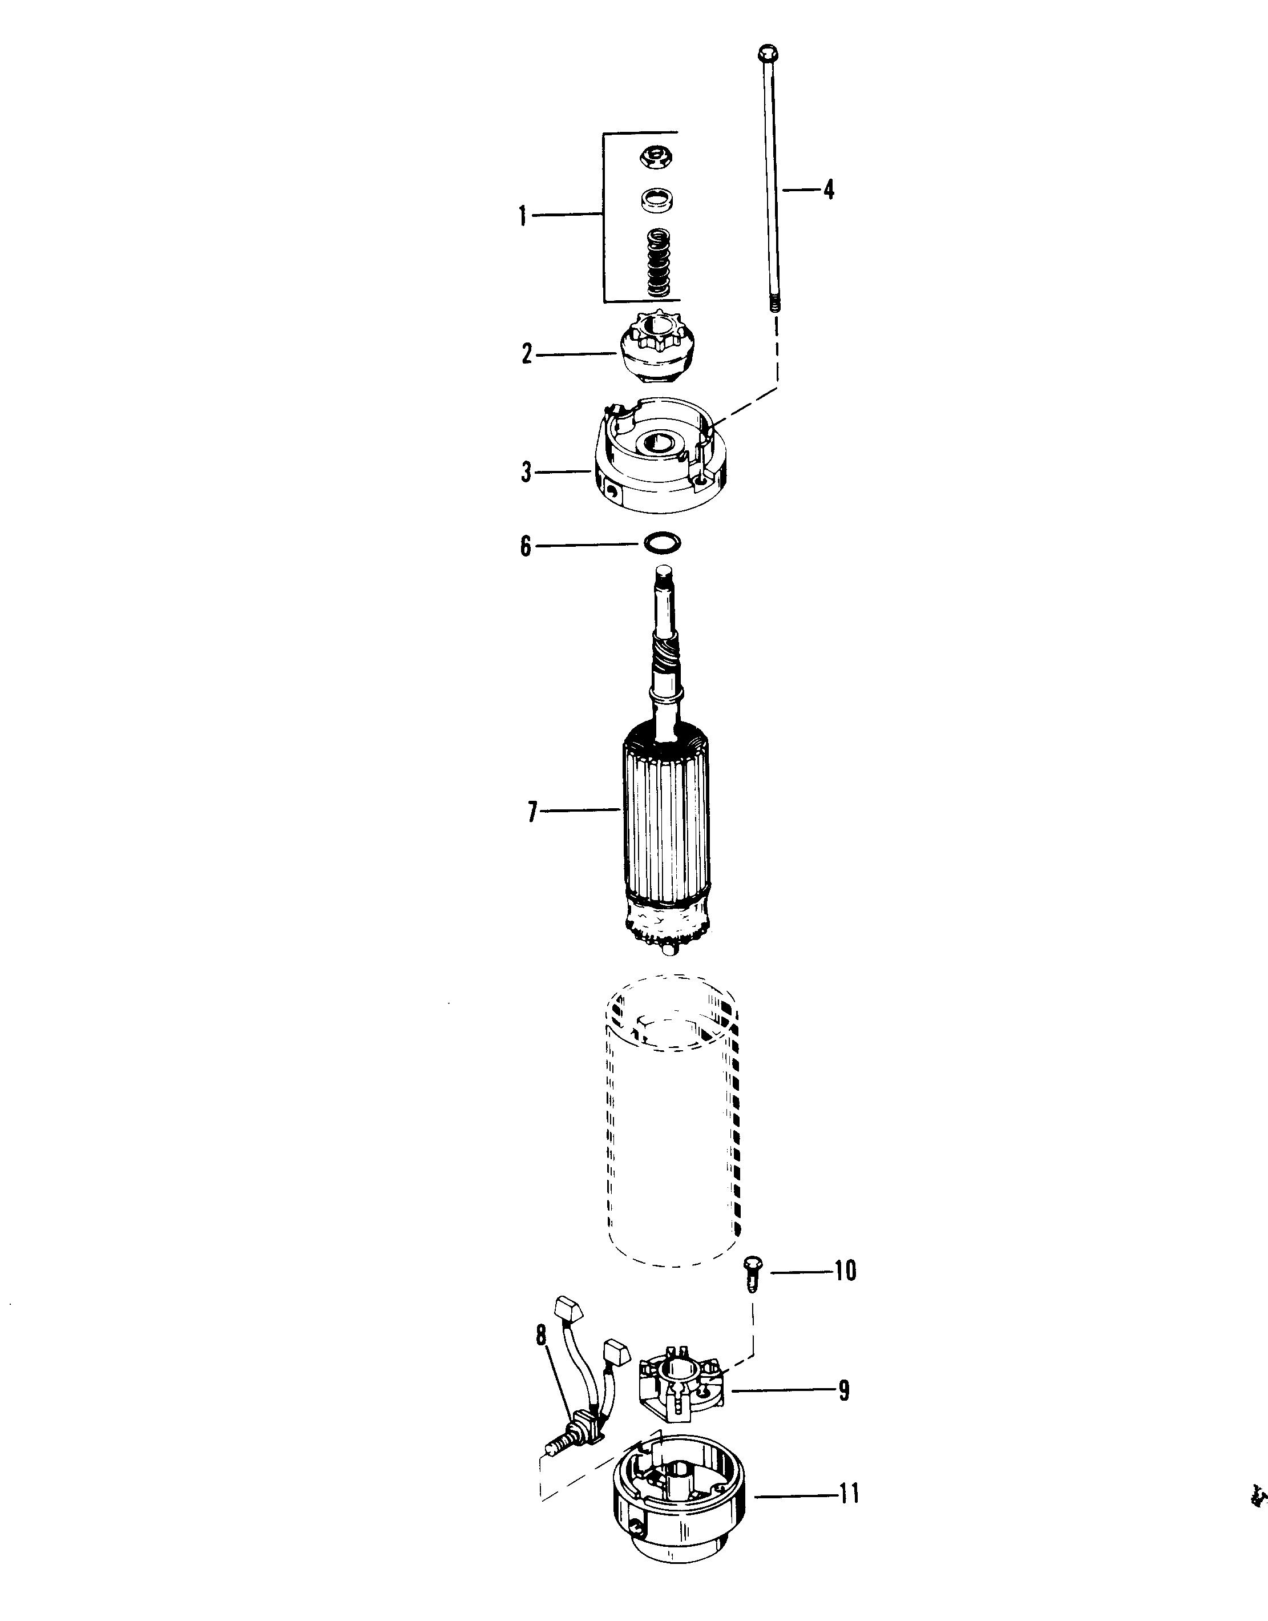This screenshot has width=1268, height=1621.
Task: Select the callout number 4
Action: (x=829, y=190)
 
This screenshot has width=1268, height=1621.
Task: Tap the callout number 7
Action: (x=531, y=812)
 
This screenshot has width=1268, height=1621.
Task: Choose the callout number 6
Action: (x=526, y=547)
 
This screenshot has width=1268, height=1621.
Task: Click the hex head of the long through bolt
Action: (x=768, y=54)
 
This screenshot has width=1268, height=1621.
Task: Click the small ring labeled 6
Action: (x=659, y=543)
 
